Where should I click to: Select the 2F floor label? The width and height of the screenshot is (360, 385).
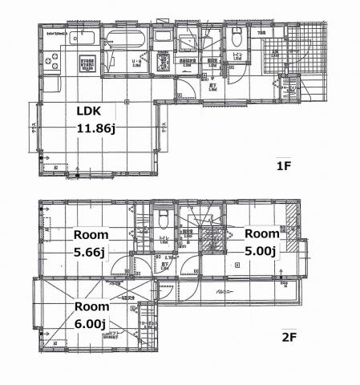[x=289, y=337]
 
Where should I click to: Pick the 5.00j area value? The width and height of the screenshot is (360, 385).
[x=260, y=251]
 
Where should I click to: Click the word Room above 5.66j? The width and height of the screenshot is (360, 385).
[x=91, y=235]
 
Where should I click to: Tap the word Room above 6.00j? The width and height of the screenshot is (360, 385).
[x=92, y=306]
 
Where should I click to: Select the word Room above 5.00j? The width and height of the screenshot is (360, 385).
[x=261, y=234]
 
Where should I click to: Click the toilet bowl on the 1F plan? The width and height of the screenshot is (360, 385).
[x=237, y=38]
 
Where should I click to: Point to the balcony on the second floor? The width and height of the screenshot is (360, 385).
[x=233, y=291]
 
